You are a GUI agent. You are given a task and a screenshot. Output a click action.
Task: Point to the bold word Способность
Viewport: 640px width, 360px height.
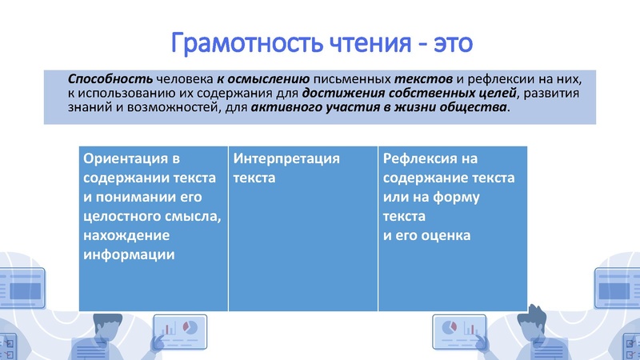pos(98,80)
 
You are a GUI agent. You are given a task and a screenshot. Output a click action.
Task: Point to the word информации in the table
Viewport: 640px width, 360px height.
pos(129,254)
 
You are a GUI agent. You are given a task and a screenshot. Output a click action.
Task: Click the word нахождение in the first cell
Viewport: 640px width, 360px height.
pos(126,235)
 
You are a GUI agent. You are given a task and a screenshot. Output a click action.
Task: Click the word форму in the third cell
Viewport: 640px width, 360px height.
pos(474,197)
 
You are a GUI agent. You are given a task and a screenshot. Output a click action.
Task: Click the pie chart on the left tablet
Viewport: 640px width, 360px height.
pos(190,327)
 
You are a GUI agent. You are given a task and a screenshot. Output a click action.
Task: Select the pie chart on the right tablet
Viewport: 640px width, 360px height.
pos(449,327)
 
